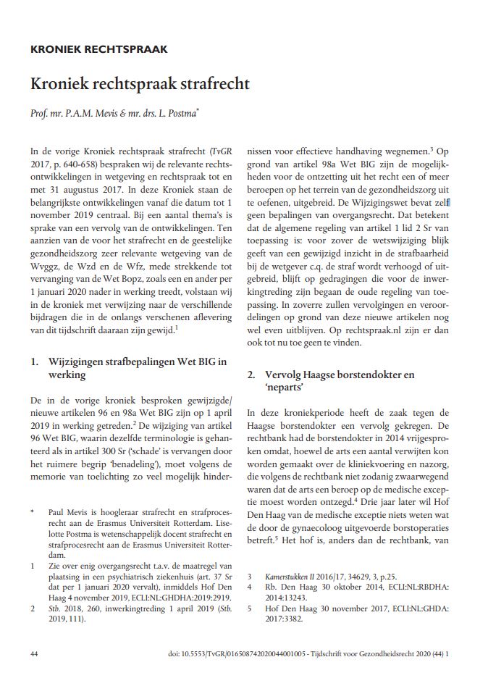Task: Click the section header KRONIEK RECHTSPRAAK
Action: [98, 50]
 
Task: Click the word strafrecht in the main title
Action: [212, 84]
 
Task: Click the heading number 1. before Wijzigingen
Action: [35, 361]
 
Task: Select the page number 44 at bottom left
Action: [35, 653]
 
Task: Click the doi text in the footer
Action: [240, 653]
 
